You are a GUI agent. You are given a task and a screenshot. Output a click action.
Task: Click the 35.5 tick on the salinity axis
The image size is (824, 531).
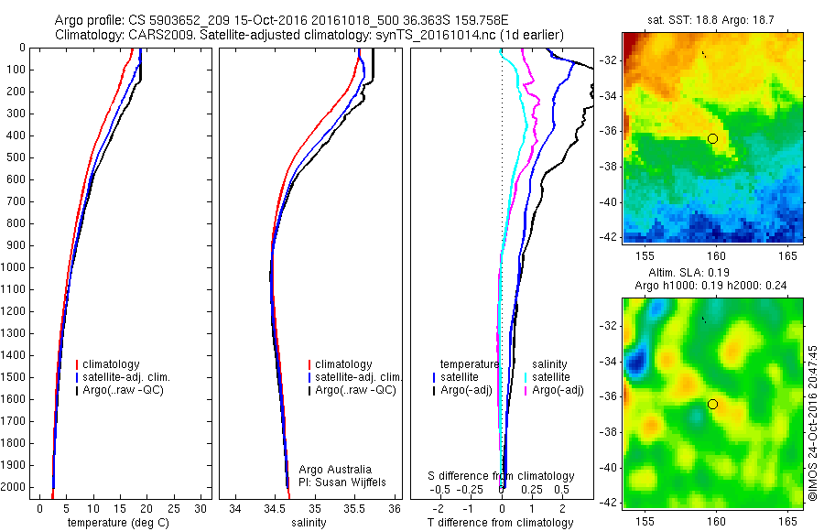pyautogui.click(x=355, y=508)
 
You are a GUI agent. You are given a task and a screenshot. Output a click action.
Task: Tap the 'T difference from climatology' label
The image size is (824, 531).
pyautogui.click(x=501, y=523)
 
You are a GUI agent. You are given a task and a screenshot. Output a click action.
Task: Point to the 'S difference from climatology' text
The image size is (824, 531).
pyautogui.click(x=501, y=476)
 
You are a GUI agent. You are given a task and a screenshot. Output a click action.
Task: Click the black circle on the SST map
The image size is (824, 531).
pyautogui.click(x=712, y=138)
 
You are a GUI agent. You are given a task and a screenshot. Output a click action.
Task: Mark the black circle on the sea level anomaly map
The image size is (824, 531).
pyautogui.click(x=712, y=404)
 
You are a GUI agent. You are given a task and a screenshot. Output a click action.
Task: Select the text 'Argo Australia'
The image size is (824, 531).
pyautogui.click(x=335, y=469)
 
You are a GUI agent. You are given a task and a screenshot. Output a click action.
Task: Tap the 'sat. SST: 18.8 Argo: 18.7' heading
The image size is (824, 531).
pyautogui.click(x=712, y=21)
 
